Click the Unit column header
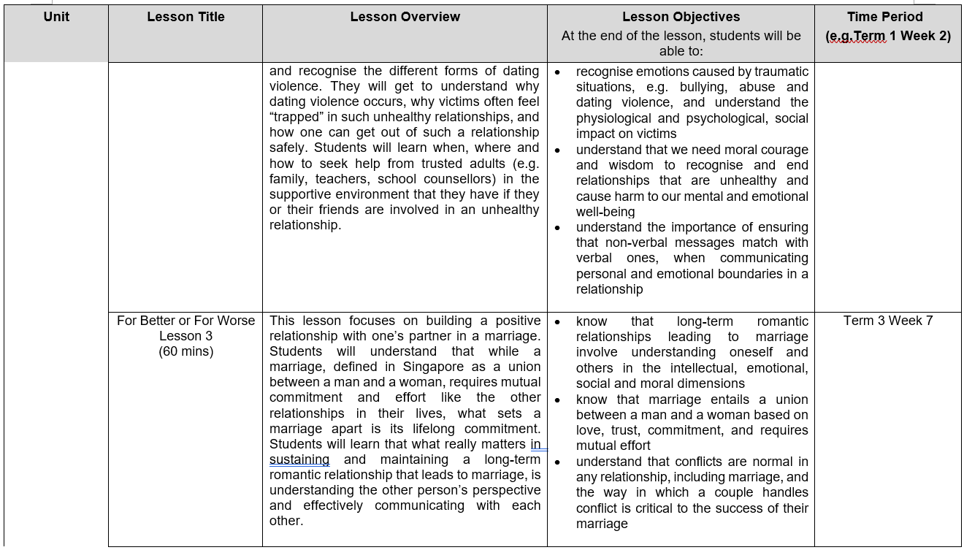click(56, 17)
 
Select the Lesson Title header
click(185, 17)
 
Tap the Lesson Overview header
click(405, 17)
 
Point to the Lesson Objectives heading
click(681, 17)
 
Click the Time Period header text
click(884, 17)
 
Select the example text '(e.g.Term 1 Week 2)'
click(888, 35)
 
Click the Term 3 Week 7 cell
click(887, 321)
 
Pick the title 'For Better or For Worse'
click(185, 321)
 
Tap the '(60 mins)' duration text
click(185, 351)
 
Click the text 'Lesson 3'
click(185, 336)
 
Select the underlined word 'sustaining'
click(299, 459)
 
